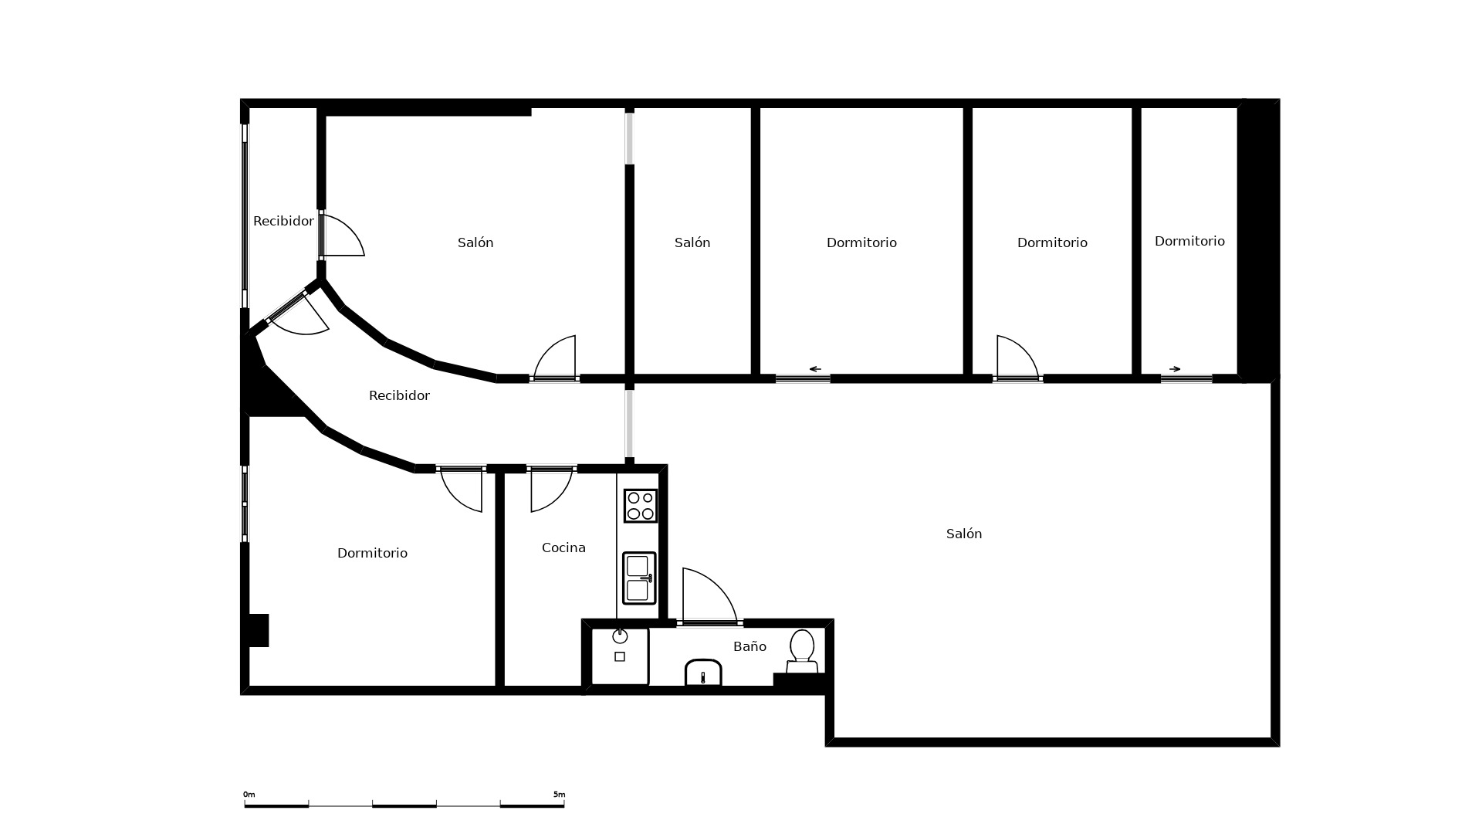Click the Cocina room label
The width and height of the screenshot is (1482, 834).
pyautogui.click(x=563, y=548)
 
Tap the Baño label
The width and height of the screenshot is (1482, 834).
pyautogui.click(x=749, y=646)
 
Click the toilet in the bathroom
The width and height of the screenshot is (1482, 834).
pyautogui.click(x=802, y=652)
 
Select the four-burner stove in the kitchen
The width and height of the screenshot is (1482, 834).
pyautogui.click(x=640, y=506)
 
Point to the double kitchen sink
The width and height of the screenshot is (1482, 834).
pyautogui.click(x=639, y=578)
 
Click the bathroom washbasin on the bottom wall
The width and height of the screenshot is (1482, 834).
pyautogui.click(x=703, y=672)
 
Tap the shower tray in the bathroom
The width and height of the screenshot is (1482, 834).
pyautogui.click(x=620, y=656)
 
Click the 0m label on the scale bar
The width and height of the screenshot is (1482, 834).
pyautogui.click(x=249, y=794)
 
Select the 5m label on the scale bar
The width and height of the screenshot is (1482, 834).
pyautogui.click(x=559, y=794)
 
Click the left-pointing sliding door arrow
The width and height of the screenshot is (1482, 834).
pyautogui.click(x=814, y=369)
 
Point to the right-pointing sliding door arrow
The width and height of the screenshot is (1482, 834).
pyautogui.click(x=1175, y=369)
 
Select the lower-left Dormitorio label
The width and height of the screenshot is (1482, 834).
pyautogui.click(x=372, y=553)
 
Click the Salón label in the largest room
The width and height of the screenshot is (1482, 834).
pyautogui.click(x=964, y=534)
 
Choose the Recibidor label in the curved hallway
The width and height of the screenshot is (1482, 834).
pyautogui.click(x=399, y=395)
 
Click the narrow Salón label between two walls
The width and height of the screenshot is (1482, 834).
pyautogui.click(x=692, y=242)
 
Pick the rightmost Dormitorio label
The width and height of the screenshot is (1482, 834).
pyautogui.click(x=1189, y=241)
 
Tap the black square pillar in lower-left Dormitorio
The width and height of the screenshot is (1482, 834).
pyautogui.click(x=259, y=630)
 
